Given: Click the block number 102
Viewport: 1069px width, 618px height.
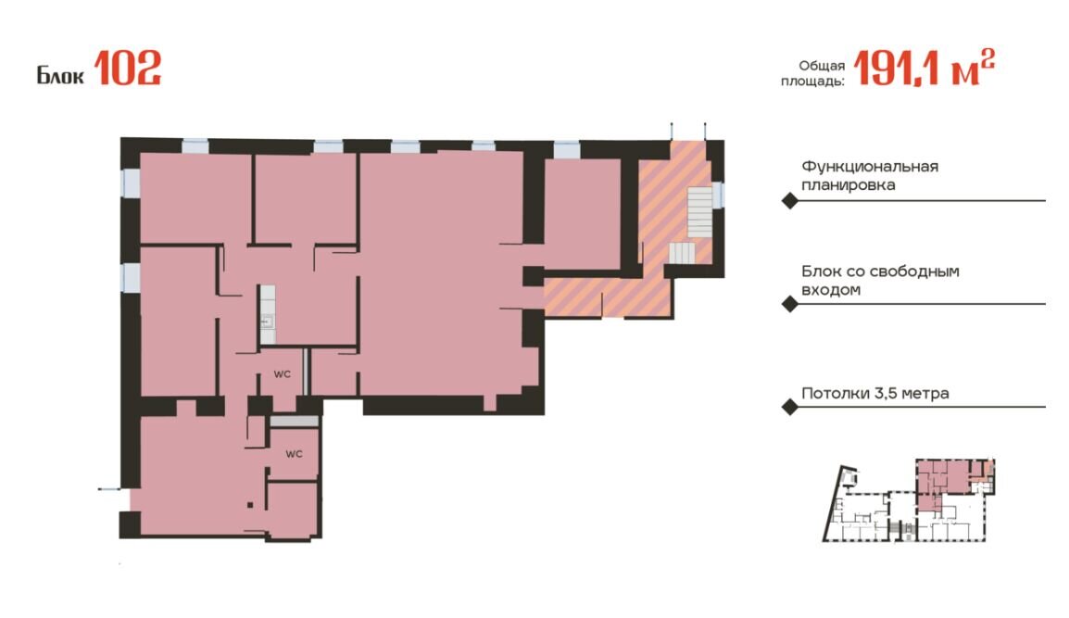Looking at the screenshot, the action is [x=128, y=69].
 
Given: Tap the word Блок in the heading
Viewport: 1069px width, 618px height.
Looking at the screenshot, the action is [x=60, y=74].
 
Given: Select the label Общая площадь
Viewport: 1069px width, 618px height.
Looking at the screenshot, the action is [x=812, y=74].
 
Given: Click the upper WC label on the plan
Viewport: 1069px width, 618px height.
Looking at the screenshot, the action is [x=283, y=374].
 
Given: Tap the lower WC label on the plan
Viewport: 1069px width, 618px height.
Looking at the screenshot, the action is [x=294, y=454].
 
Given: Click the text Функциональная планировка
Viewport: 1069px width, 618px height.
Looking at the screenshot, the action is [x=869, y=175].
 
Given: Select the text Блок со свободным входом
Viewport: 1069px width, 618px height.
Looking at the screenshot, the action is [x=880, y=281].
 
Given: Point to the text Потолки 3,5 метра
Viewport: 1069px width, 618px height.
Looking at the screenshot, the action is [x=874, y=394].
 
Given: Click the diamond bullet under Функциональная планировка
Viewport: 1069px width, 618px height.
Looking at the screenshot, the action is [x=789, y=201].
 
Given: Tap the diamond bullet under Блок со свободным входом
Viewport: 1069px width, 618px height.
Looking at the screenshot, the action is [x=789, y=304].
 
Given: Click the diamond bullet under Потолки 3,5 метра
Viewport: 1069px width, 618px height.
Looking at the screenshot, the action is [x=789, y=408].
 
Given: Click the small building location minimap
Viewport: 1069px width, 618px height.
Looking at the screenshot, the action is [x=909, y=500].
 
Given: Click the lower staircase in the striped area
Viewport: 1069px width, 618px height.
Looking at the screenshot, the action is [x=682, y=253].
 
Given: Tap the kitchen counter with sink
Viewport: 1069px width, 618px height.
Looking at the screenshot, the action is [x=267, y=314].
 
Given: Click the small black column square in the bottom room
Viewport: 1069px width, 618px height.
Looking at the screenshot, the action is [x=250, y=506].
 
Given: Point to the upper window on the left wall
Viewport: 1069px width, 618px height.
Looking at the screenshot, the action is [x=131, y=183].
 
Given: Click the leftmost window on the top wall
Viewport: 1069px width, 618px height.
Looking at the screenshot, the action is [x=195, y=146].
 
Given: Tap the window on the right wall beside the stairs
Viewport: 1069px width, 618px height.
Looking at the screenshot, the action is [x=718, y=195].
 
